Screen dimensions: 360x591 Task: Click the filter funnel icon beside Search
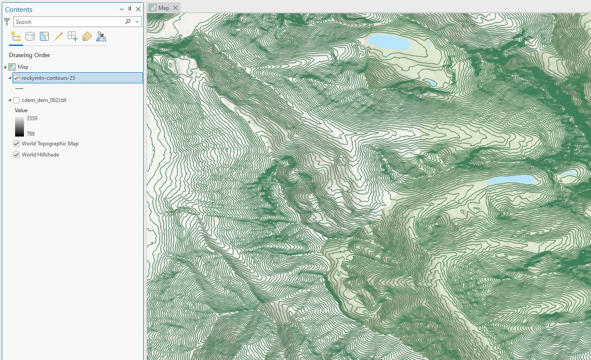pyautogui.click(x=7, y=21)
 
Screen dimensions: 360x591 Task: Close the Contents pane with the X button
pyautogui.click(x=138, y=9)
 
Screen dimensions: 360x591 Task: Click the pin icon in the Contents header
pyautogui.click(x=130, y=9)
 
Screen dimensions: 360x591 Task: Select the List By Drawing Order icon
pyautogui.click(x=16, y=36)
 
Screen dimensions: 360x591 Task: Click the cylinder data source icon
pyautogui.click(x=30, y=36)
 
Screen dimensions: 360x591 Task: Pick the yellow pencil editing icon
pyautogui.click(x=58, y=36)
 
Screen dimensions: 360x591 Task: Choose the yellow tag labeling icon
pyautogui.click(x=87, y=36)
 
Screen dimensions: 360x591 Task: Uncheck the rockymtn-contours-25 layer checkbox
pyautogui.click(x=16, y=78)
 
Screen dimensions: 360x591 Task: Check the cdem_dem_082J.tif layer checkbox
pyautogui.click(x=16, y=100)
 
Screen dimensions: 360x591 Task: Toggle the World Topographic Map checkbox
pyautogui.click(x=16, y=144)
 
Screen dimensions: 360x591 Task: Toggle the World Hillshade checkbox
pyautogui.click(x=16, y=155)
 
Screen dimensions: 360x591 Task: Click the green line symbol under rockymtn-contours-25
pyautogui.click(x=19, y=88)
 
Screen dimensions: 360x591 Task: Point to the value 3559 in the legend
pyautogui.click(x=32, y=118)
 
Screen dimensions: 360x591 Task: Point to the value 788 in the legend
pyautogui.click(x=30, y=133)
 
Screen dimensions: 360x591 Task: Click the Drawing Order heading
pyautogui.click(x=29, y=55)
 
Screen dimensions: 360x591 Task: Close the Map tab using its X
pyautogui.click(x=175, y=8)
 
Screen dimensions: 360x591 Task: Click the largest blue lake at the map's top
pyautogui.click(x=389, y=42)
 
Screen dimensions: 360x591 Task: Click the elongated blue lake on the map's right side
pyautogui.click(x=510, y=180)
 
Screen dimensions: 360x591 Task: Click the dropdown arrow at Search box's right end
pyautogui.click(x=137, y=22)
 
